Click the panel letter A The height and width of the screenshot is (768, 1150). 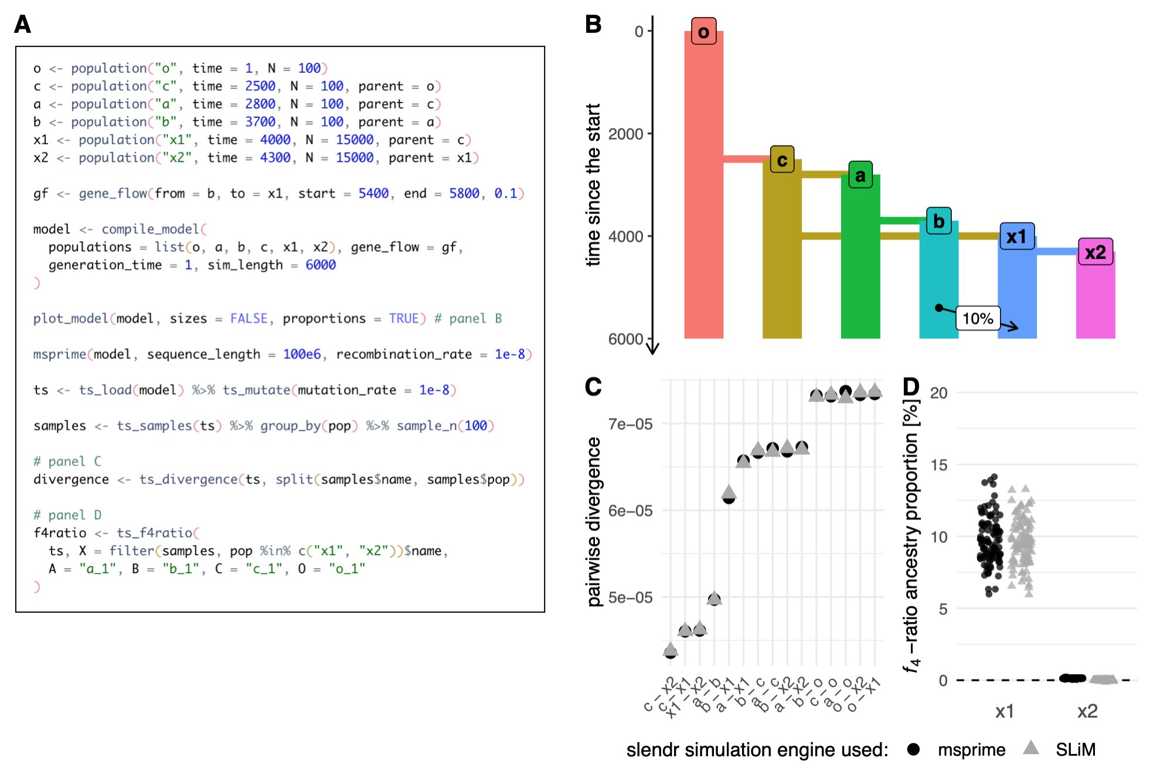(22, 25)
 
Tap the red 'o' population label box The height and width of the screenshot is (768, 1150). (703, 32)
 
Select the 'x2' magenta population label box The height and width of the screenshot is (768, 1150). (1095, 252)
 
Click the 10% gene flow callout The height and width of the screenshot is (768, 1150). (978, 318)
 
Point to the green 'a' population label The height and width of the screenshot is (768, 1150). (860, 175)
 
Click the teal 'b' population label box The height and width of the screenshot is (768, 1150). (938, 221)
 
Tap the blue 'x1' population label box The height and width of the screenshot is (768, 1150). (1016, 236)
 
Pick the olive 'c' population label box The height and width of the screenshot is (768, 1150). (782, 159)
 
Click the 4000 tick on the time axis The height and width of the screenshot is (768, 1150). (626, 236)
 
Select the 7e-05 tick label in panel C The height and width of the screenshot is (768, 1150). (630, 424)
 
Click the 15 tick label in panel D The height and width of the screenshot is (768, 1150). (938, 465)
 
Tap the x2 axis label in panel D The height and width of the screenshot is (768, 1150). (1087, 711)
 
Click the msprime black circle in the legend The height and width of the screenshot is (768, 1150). (913, 749)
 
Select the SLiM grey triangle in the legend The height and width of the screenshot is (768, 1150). (1030, 748)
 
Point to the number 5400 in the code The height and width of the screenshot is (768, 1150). (373, 193)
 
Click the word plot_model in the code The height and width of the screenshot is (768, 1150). (70, 318)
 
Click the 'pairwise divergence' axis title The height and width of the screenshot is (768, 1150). (594, 522)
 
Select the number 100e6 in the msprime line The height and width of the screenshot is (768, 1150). (302, 354)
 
